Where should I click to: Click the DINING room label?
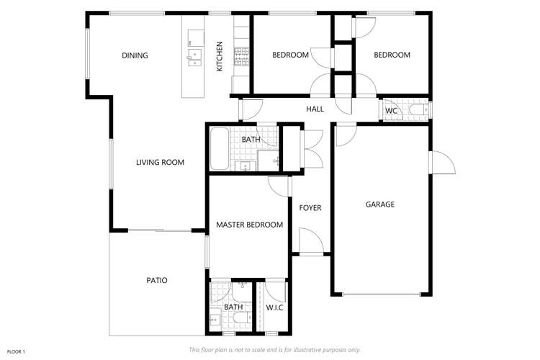pyautogui.click(x=135, y=55)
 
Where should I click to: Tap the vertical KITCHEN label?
pyautogui.click(x=220, y=55)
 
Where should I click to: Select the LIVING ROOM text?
pyautogui.click(x=160, y=163)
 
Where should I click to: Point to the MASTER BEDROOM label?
pyautogui.click(x=249, y=225)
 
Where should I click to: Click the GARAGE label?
pyautogui.click(x=379, y=204)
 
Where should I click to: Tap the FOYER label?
pyautogui.click(x=310, y=208)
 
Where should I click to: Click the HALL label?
pyautogui.click(x=315, y=109)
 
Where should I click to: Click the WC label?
pyautogui.click(x=391, y=111)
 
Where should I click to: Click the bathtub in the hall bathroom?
pyautogui.click(x=220, y=149)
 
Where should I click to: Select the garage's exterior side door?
pyautogui.click(x=441, y=163)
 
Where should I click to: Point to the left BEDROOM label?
pyautogui.click(x=290, y=55)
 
